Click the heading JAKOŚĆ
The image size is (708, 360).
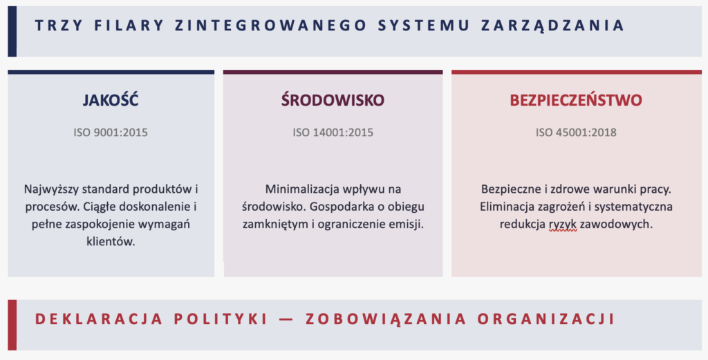point(111,100)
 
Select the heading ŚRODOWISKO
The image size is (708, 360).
point(333,100)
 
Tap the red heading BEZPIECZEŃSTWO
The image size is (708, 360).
point(576,100)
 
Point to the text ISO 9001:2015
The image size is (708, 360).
point(111,133)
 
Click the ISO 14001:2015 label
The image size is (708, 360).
point(333,133)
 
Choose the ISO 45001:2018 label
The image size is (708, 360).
point(576,133)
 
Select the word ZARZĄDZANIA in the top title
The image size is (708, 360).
point(552,26)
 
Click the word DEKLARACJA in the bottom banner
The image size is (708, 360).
point(99,319)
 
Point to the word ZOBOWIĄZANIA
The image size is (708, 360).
point(386,319)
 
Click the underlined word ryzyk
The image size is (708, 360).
point(563,224)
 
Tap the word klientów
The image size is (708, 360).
point(111,241)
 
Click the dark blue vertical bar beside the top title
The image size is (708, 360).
point(12,31)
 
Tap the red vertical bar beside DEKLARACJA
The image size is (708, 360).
point(12,325)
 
